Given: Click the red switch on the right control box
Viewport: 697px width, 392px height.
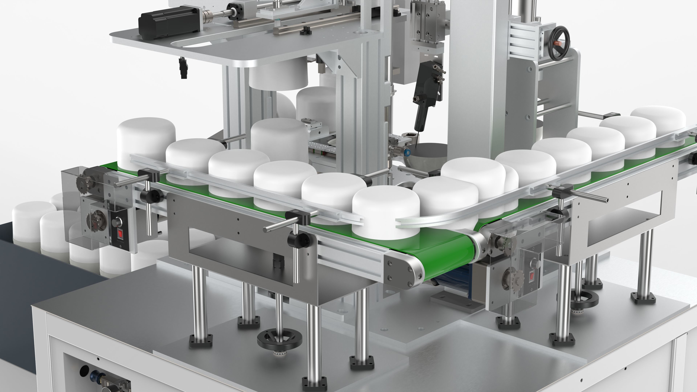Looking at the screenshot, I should coord(532,276).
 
